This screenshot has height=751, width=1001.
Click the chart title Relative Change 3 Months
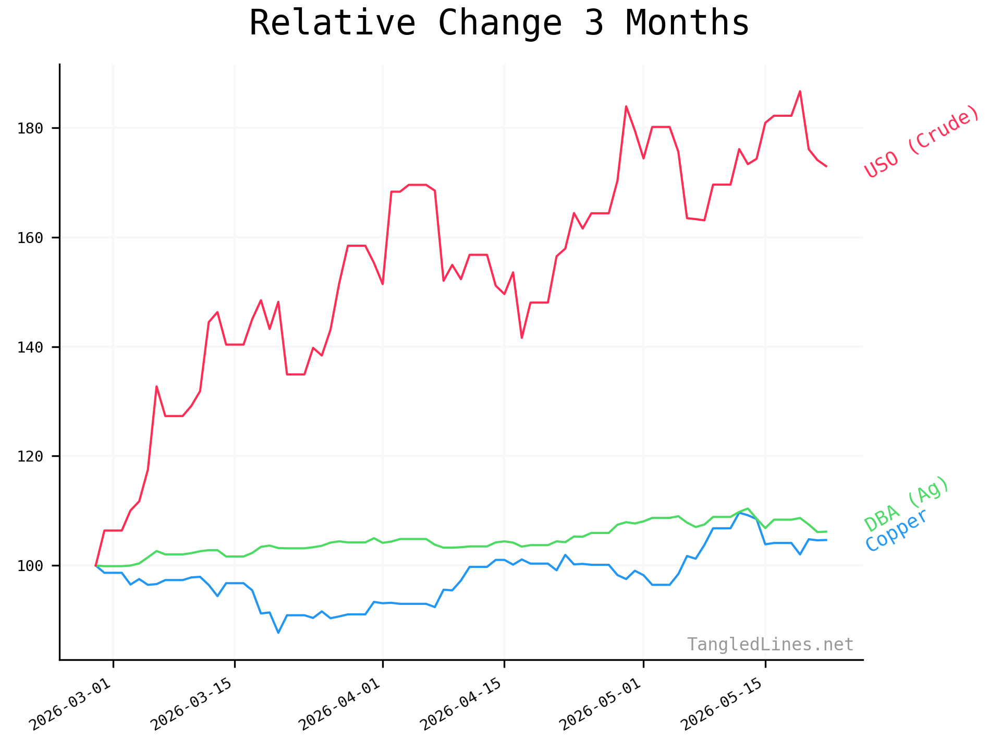[499, 23]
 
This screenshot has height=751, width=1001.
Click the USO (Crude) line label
[922, 141]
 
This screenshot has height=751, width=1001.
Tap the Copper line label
[896, 530]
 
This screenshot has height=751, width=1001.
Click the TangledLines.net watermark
[770, 645]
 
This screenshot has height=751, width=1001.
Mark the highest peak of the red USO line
[800, 91]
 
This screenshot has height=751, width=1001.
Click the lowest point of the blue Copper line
[278, 633]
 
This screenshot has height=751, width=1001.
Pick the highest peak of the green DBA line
[748, 508]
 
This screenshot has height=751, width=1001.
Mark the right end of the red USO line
[826, 166]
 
